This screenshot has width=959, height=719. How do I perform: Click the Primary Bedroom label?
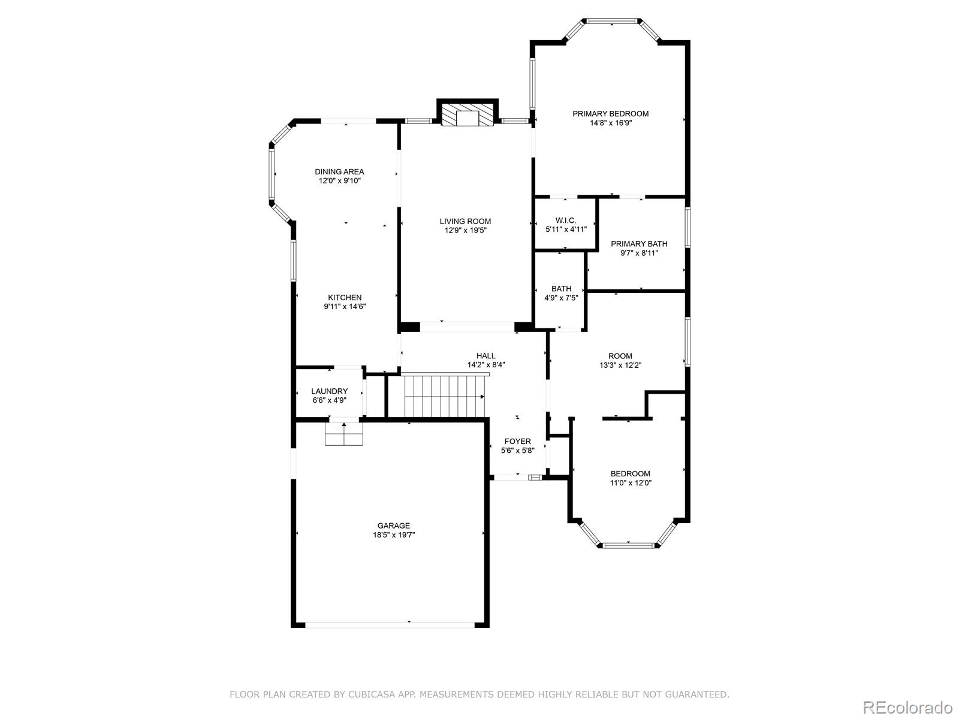click(610, 114)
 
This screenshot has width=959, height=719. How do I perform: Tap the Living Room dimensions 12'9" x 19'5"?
click(465, 230)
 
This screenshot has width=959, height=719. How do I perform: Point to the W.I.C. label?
click(565, 220)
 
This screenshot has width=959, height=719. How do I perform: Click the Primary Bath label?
click(639, 244)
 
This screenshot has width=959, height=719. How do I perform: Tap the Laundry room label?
click(329, 391)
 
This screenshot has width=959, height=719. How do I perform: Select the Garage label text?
click(394, 526)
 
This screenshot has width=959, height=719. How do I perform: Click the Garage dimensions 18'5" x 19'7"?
click(394, 535)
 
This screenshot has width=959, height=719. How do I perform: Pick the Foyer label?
click(517, 442)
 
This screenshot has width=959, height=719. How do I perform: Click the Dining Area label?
click(339, 172)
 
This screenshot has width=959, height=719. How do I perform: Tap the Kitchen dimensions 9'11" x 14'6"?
click(345, 307)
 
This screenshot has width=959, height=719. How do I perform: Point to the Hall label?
click(486, 356)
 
